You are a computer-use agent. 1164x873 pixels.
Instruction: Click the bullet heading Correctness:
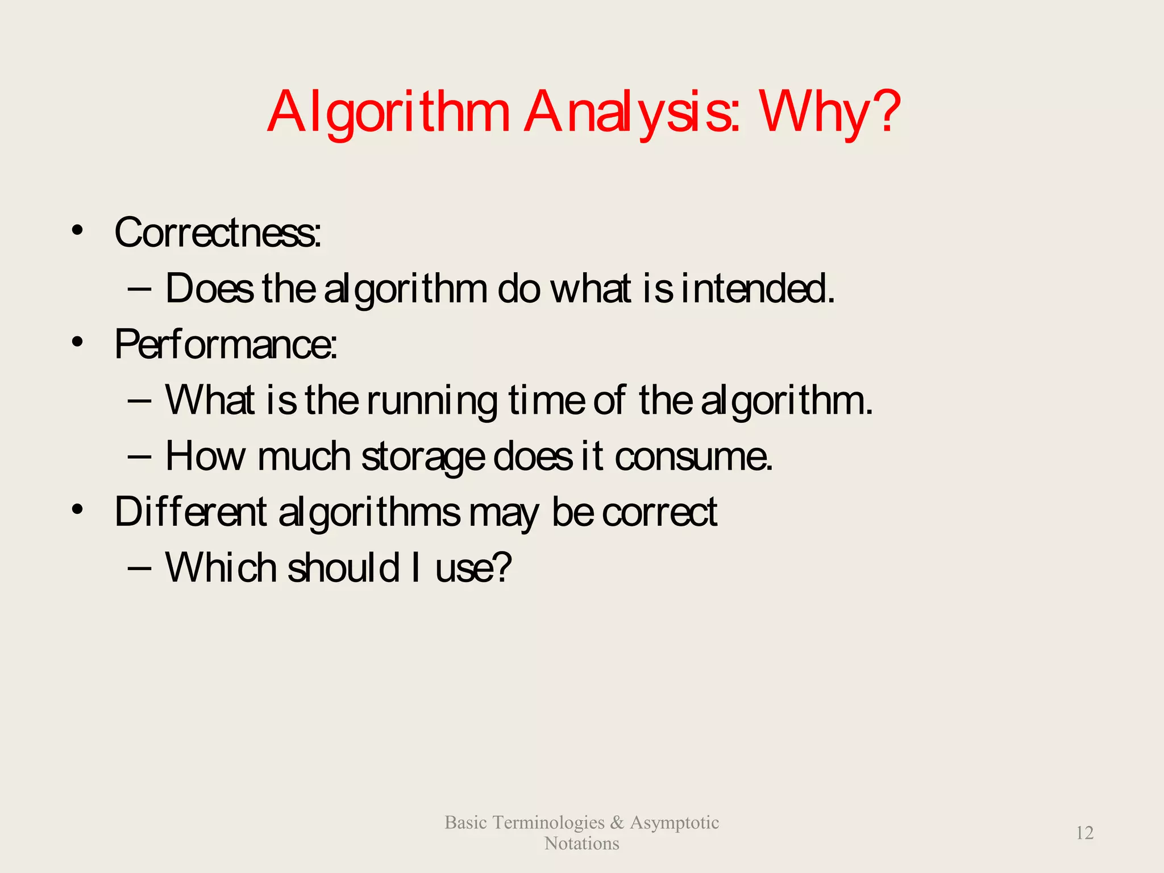pos(218,233)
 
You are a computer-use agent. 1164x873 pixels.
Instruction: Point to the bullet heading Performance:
pos(226,344)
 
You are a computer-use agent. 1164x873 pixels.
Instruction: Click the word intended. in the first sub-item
pos(758,288)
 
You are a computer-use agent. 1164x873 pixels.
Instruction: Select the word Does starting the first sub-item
pos(209,288)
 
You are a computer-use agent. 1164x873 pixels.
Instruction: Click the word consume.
pos(693,456)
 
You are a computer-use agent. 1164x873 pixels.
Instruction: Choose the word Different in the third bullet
pos(190,512)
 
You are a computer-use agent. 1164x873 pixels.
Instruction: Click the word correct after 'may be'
pos(659,512)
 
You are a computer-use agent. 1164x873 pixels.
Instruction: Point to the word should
pos(343,567)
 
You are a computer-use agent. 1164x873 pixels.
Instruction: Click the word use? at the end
pos(473,567)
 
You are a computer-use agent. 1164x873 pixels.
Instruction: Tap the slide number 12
pos(1084,833)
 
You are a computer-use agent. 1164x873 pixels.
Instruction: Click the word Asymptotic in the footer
pos(674,822)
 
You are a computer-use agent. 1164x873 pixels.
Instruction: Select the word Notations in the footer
pos(581,843)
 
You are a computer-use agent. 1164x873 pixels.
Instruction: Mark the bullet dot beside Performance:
pos(77,342)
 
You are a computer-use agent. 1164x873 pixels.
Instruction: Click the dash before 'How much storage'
pos(140,456)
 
